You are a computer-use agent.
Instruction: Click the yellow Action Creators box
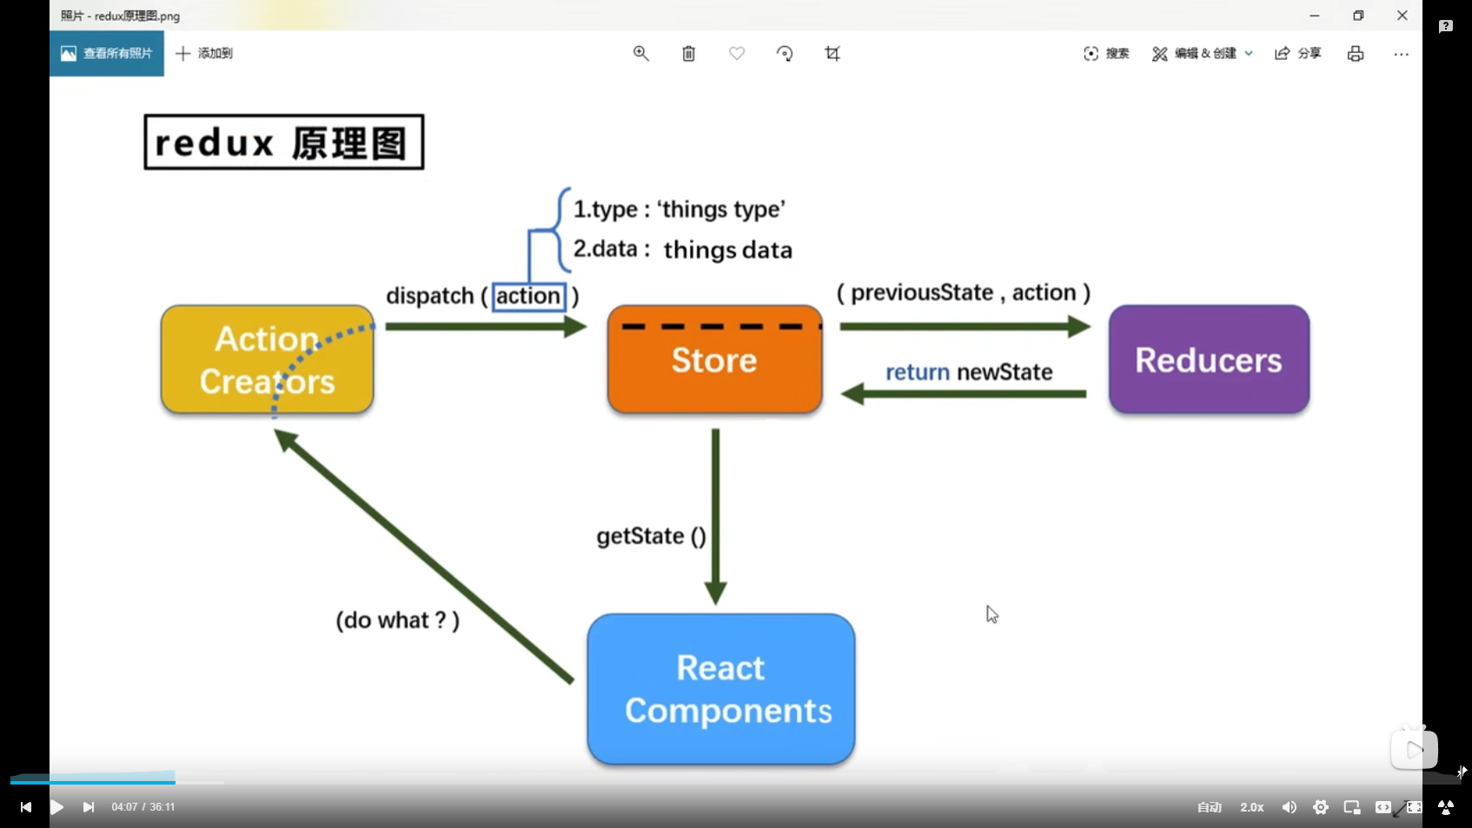(267, 360)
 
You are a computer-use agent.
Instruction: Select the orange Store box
(714, 360)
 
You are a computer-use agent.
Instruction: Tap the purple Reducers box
(1209, 360)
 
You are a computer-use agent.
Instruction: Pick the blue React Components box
(720, 689)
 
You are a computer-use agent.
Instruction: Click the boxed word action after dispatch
(528, 296)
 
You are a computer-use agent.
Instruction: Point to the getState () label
(651, 536)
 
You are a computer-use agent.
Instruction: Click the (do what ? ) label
(397, 620)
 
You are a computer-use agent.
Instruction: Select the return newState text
(968, 373)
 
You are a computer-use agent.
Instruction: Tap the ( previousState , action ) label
(963, 293)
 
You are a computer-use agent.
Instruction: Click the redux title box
(283, 142)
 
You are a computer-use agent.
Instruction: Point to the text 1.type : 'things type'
(679, 209)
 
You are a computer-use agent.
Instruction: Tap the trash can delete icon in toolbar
(688, 54)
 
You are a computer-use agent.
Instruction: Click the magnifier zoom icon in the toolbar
(641, 54)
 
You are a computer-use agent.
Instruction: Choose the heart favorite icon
(737, 54)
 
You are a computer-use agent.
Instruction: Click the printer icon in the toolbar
(1356, 54)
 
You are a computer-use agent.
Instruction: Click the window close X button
(1402, 16)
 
